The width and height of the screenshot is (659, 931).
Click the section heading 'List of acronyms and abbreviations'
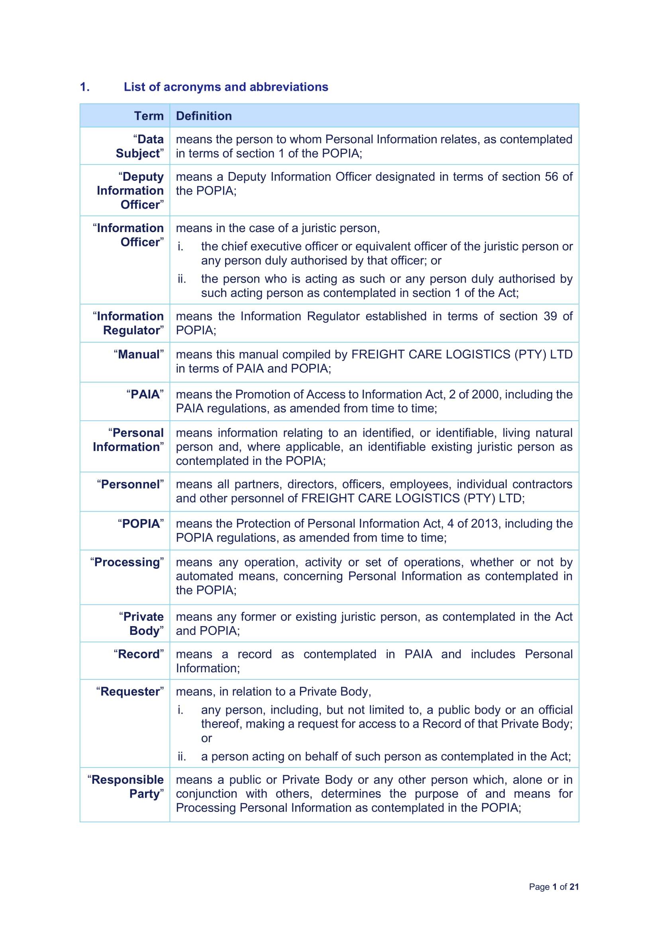point(226,87)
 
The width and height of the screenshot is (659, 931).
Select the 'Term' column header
point(149,116)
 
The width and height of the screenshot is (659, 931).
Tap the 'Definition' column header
point(204,116)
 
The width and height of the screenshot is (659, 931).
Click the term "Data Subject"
point(139,146)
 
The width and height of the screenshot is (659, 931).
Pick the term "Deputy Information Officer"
point(130,191)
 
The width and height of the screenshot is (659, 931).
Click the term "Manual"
point(139,354)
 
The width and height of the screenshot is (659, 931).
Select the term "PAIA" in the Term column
point(145,394)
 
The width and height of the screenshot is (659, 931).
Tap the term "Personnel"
point(130,484)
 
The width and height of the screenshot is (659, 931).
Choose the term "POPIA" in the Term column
point(141,523)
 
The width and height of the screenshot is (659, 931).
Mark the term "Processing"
point(127,562)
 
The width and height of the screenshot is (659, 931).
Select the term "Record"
point(139,654)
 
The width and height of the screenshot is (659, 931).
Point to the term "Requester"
point(130,691)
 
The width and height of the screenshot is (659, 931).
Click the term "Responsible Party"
point(126,787)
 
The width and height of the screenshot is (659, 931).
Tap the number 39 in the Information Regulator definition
point(550,316)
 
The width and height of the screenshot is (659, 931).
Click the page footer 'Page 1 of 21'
point(553,887)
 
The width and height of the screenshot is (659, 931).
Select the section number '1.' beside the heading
point(84,87)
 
